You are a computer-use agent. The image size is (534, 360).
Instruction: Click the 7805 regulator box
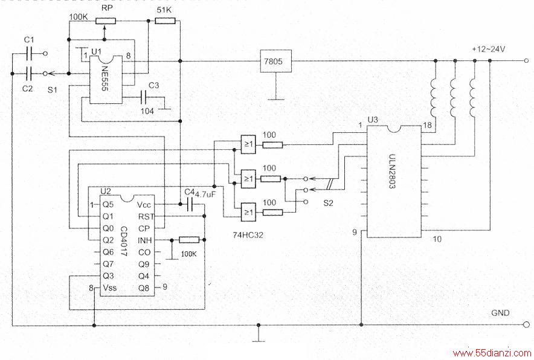click(x=275, y=61)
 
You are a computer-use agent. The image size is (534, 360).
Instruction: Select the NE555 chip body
click(x=106, y=79)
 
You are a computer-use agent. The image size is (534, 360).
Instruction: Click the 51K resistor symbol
click(x=165, y=21)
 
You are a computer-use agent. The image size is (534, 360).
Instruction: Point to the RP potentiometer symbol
click(x=105, y=21)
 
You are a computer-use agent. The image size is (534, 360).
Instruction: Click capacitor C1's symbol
click(x=29, y=53)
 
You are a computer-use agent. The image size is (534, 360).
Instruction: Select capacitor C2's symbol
click(x=29, y=74)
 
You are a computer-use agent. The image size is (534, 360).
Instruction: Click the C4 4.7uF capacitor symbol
click(x=190, y=204)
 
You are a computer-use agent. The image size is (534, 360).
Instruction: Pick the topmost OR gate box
click(x=248, y=144)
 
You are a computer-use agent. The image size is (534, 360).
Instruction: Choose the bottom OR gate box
click(x=248, y=212)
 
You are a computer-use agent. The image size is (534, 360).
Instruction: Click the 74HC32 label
click(x=248, y=234)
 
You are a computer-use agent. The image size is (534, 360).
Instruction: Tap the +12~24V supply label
click(x=488, y=49)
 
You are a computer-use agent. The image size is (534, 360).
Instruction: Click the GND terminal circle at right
click(x=527, y=324)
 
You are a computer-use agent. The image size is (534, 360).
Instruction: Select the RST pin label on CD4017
click(x=146, y=217)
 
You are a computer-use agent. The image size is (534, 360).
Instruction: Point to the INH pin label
click(x=145, y=240)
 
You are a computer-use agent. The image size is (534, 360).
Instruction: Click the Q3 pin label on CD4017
click(x=108, y=275)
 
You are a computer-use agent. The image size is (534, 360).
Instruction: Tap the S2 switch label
click(x=328, y=204)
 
